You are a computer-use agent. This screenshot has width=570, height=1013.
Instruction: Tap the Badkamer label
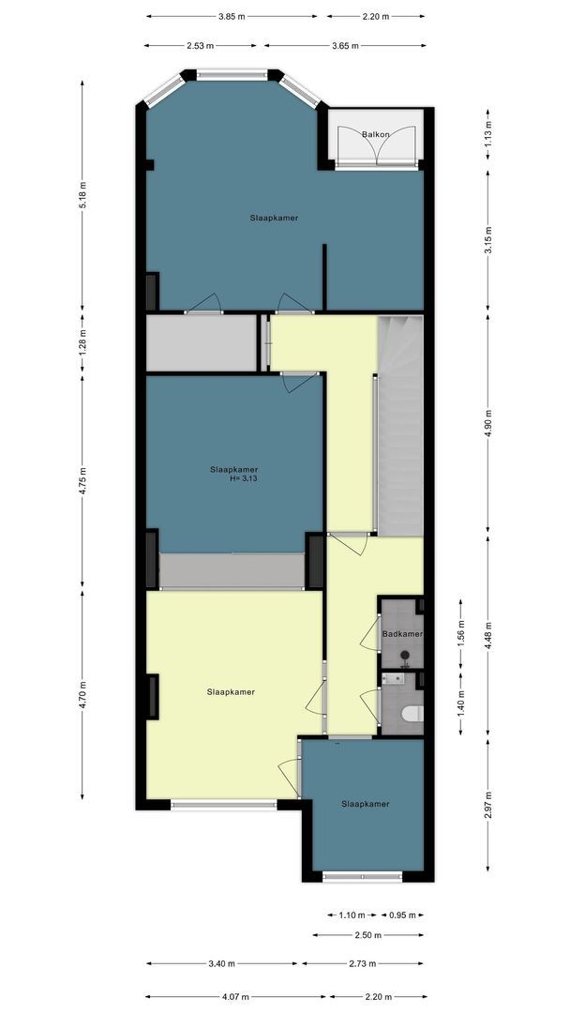pos(401,634)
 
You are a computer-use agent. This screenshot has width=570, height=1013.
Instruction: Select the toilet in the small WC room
pos(412,713)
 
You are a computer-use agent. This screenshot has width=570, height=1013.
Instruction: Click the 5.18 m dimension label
pos(82,196)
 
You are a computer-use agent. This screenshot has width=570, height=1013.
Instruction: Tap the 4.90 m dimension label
pos(488,424)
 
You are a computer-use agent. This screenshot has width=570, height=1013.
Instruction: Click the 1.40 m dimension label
pos(460,703)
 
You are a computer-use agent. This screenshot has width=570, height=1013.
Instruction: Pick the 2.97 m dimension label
pos(488,805)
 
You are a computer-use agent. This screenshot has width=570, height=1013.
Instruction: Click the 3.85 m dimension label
pos(232,16)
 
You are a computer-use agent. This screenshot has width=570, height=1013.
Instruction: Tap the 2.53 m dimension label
pos(200,46)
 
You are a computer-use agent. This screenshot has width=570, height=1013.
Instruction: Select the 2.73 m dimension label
pos(362,963)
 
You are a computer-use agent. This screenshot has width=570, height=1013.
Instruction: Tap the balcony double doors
pos(377,145)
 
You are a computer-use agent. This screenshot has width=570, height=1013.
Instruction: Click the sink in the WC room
pos(393,678)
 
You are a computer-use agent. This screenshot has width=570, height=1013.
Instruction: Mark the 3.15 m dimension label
pos(488,234)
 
